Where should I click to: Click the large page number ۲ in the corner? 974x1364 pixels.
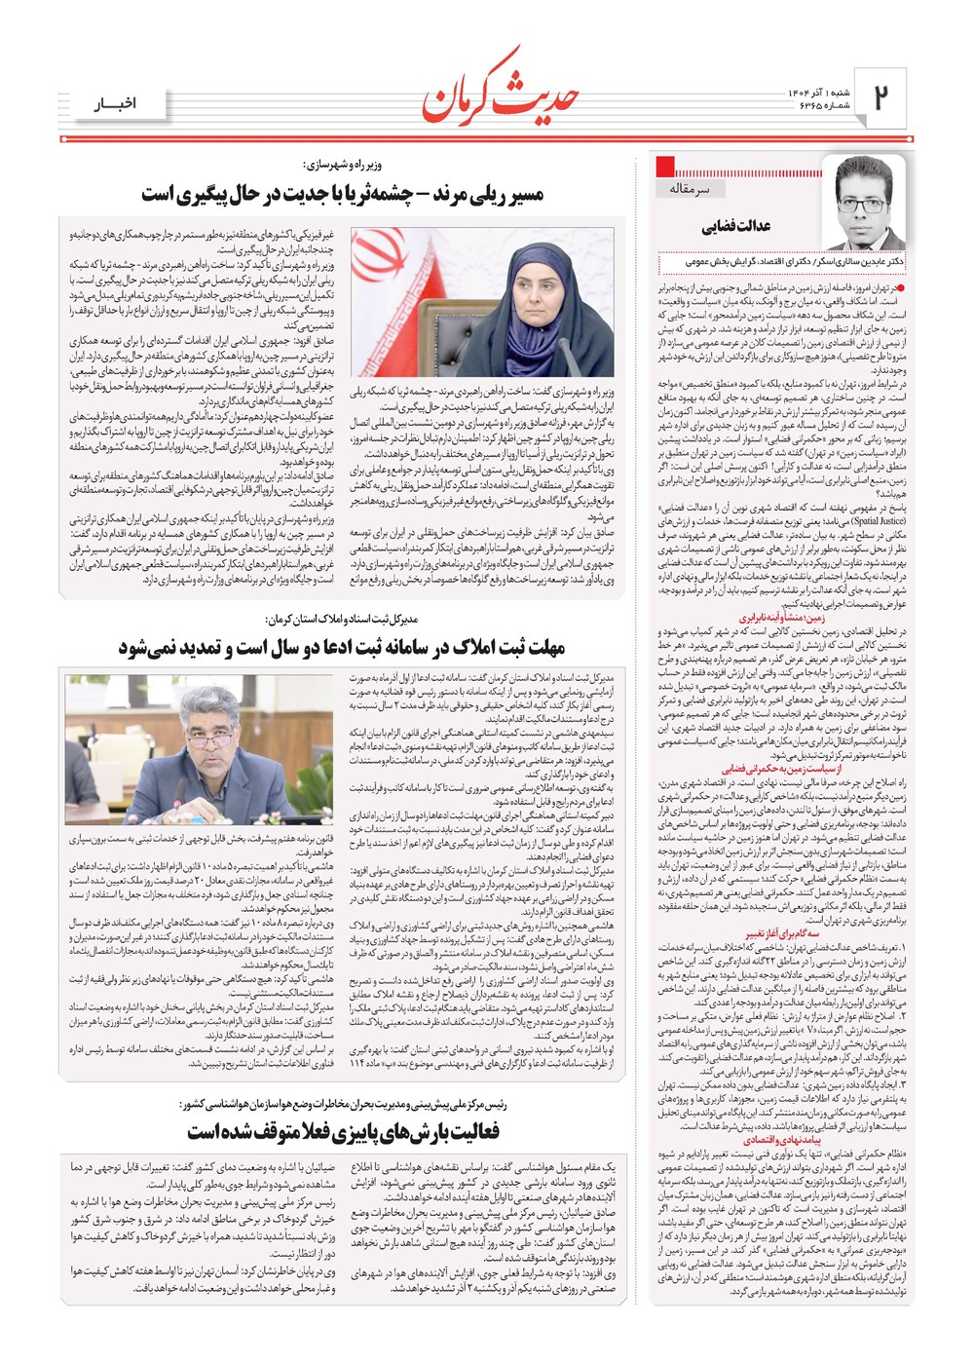pyautogui.click(x=881, y=95)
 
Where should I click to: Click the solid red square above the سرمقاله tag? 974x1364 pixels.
pyautogui.click(x=666, y=166)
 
